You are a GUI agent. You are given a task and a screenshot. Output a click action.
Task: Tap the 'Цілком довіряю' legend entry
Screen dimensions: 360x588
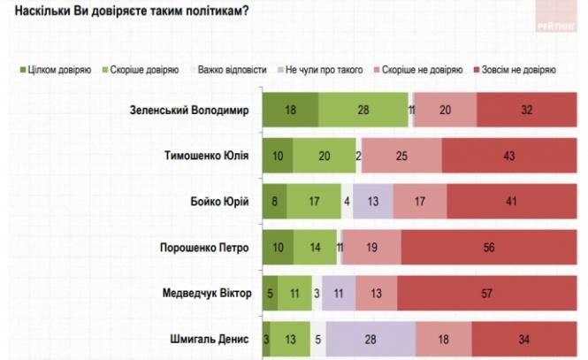pyautogui.click(x=55, y=68)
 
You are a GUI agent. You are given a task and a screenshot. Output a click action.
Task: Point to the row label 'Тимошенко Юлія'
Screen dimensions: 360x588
pyautogui.click(x=206, y=157)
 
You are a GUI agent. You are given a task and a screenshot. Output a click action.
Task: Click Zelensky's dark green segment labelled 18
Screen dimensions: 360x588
pyautogui.click(x=291, y=111)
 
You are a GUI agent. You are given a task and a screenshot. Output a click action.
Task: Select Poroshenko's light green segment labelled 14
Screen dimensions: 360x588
pyautogui.click(x=316, y=248)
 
